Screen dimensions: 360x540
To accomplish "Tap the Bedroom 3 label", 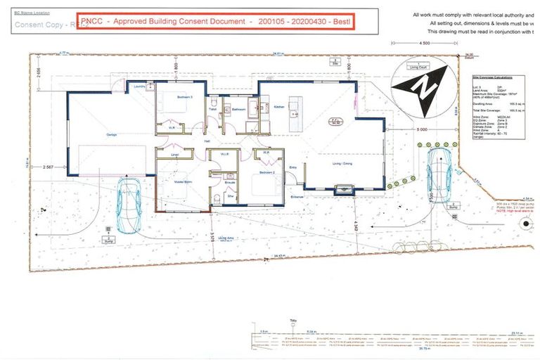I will coord(167,96).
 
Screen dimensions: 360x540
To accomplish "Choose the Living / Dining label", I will coord(342,164).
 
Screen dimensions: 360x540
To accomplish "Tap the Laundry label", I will coord(139,87).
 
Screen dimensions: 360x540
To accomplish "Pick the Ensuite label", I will coord(230,181).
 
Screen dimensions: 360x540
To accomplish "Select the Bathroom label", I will coord(239,109).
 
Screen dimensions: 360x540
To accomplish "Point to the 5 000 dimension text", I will coord(441,129).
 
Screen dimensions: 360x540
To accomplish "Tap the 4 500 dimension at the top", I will coord(425,44).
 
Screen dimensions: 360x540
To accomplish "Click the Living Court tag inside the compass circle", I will coord(419,67).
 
